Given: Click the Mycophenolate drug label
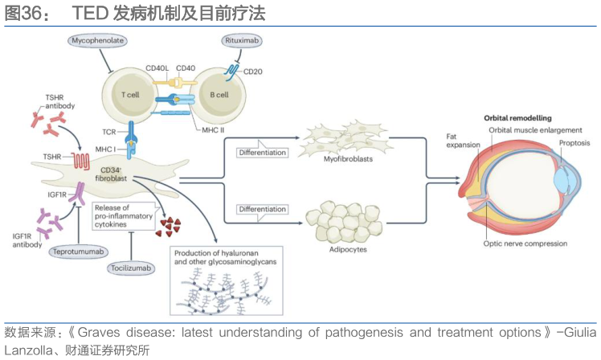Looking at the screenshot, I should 99,40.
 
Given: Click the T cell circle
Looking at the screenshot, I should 129,95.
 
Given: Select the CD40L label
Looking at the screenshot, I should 158,68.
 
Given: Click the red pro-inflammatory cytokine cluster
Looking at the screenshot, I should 171,226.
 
